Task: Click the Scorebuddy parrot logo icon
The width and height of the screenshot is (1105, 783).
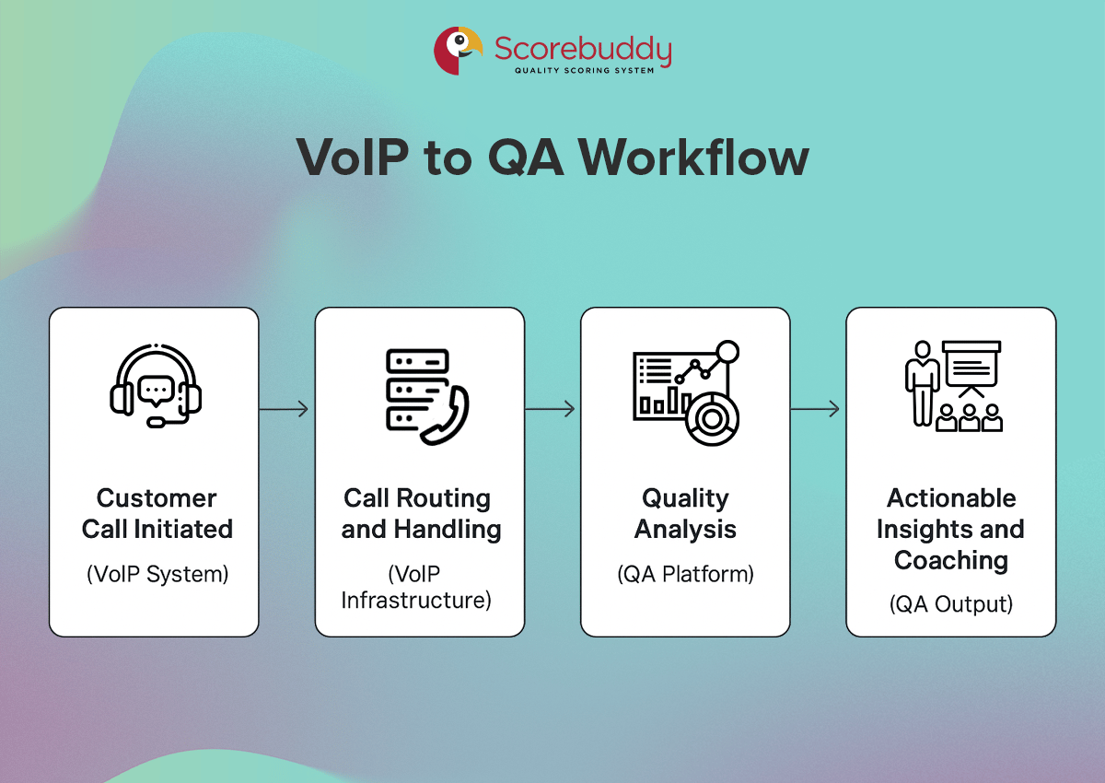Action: point(458,51)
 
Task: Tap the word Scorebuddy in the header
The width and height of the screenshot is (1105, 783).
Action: point(583,48)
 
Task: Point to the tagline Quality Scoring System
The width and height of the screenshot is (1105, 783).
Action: point(584,70)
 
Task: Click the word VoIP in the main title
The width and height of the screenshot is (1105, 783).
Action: point(351,158)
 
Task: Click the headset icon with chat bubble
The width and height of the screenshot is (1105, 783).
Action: point(155,386)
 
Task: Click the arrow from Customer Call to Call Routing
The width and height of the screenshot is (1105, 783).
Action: point(285,409)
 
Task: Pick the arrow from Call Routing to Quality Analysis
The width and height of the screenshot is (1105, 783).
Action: point(551,409)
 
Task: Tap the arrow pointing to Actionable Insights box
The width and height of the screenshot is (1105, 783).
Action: point(816,409)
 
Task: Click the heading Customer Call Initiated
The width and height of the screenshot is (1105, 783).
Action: point(157,513)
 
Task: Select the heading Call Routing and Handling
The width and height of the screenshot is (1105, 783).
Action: point(420,513)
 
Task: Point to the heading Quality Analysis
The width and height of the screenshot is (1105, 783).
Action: point(685,513)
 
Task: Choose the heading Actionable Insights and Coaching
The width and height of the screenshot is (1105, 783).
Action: point(950,529)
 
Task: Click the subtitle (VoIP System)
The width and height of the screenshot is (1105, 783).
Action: point(157,574)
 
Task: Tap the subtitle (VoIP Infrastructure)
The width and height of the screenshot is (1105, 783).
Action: point(417,587)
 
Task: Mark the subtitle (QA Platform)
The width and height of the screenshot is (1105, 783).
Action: point(685,574)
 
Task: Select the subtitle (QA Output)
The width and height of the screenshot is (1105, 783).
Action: point(950,604)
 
